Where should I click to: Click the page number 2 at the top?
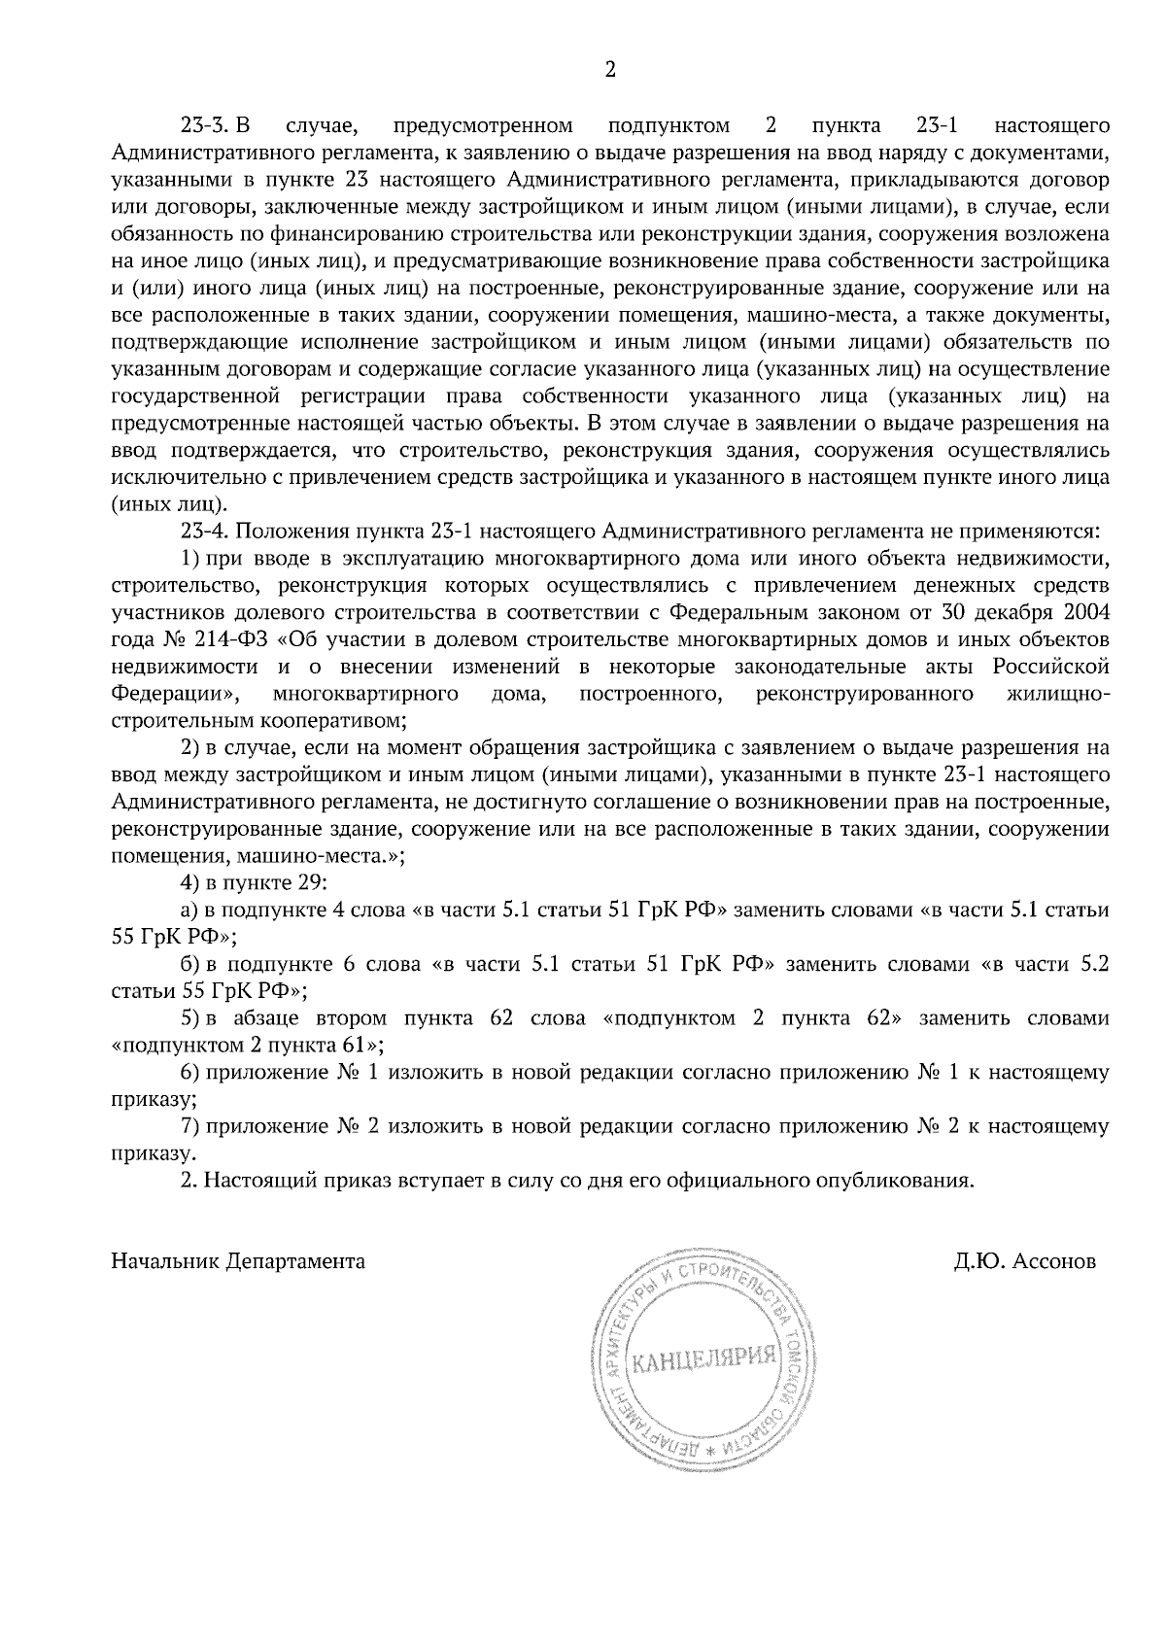pos(610,69)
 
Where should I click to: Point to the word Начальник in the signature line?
pos(166,1261)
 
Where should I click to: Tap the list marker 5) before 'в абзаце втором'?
pos(191,1018)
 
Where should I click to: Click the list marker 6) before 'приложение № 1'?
pos(191,1073)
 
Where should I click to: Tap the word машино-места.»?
pos(323,857)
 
